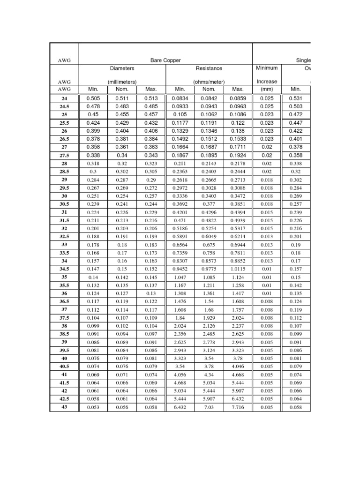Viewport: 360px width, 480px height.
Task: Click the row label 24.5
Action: (64, 106)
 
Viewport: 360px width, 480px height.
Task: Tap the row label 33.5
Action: (64, 253)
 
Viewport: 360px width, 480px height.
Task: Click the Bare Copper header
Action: (165, 60)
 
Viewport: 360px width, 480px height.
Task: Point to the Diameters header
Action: (122, 68)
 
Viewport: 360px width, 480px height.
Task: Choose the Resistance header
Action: (209, 68)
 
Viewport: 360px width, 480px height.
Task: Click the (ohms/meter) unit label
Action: (209, 82)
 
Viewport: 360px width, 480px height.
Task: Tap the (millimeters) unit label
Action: (122, 82)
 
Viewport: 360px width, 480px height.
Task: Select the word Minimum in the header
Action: (267, 68)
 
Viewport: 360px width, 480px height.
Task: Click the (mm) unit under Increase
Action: (267, 89)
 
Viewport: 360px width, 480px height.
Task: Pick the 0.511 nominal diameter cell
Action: (122, 98)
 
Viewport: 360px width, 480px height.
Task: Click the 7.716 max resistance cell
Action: (238, 407)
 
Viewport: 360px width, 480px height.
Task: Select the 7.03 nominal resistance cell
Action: (209, 407)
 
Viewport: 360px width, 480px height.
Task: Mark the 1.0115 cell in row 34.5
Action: (238, 269)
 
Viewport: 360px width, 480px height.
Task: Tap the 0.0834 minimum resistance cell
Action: (180, 98)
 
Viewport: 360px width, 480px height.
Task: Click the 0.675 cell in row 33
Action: (209, 245)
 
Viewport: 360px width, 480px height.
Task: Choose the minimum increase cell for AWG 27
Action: (267, 147)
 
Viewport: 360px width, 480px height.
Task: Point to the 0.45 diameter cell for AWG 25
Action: (94, 115)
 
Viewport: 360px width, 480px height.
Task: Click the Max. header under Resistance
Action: (238, 89)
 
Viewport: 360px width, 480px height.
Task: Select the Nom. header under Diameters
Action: (122, 89)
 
